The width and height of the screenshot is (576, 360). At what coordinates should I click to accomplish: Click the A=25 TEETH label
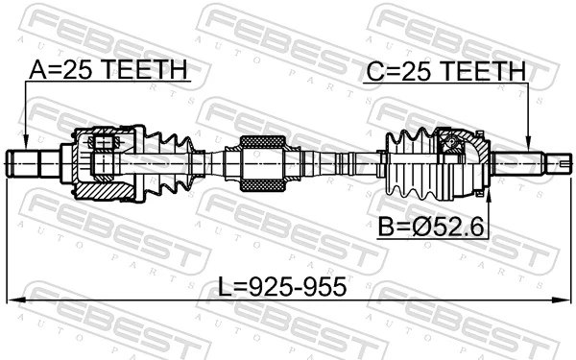click(x=108, y=71)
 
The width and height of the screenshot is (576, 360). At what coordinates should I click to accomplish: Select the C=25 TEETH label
click(x=444, y=71)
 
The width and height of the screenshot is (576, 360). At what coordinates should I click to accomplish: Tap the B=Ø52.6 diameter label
click(x=434, y=228)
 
